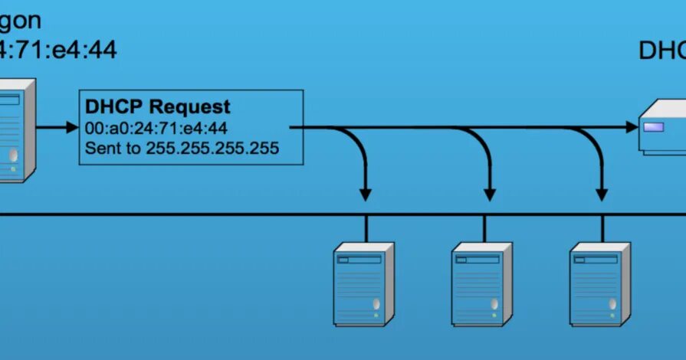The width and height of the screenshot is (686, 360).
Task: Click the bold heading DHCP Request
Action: pos(158,106)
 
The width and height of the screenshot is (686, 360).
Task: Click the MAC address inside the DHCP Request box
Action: pos(156,128)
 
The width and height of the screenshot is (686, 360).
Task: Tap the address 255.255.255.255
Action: pos(212,148)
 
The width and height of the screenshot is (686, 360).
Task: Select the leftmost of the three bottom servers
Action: pos(364,283)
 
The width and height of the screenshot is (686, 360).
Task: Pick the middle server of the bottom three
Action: pos(482,283)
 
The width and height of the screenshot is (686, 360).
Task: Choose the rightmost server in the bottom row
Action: pos(600,283)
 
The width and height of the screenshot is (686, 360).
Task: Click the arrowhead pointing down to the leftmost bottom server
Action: pos(366,194)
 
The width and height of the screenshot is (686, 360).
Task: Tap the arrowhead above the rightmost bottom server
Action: pos(602,194)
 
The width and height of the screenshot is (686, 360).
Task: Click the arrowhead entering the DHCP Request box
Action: pos(73,127)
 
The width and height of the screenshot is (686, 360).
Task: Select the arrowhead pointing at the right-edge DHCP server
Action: pos(633,127)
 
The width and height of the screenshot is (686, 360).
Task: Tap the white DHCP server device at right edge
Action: pos(663,127)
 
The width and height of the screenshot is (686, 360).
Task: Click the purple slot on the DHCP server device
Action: pos(653,127)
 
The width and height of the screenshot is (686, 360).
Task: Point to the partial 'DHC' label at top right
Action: pos(661,51)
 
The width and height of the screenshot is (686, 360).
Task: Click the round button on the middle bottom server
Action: pos(494,304)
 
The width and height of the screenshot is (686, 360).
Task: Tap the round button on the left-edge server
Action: pos(14,156)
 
